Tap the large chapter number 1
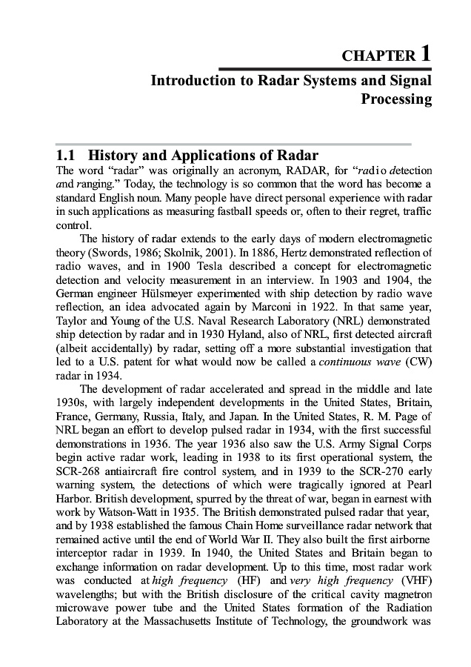point(426,53)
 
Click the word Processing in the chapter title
point(396,99)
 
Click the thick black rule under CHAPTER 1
point(326,69)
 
